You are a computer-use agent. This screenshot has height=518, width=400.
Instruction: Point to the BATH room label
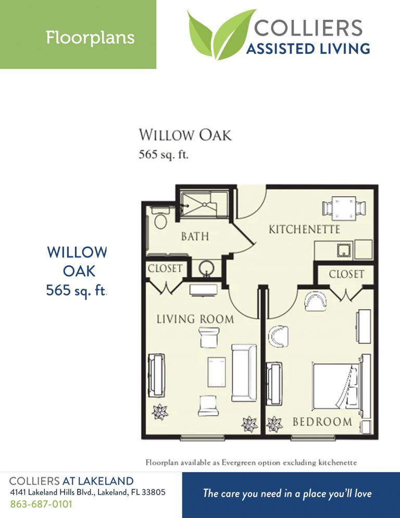(195, 237)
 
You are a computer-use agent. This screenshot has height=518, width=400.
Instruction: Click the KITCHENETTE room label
(304, 229)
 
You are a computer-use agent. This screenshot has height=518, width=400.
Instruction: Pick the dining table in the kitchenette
(344, 208)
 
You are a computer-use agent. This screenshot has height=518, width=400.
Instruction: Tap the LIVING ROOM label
(195, 318)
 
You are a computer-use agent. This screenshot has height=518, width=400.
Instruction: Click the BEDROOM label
(322, 421)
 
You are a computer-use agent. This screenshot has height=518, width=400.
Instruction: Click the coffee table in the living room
(216, 372)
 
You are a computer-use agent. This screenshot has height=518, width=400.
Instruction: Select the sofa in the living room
(244, 372)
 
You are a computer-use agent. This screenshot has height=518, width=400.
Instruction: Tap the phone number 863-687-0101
(41, 504)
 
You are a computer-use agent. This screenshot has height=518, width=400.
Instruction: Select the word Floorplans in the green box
(90, 38)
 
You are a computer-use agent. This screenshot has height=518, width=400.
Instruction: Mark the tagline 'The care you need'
(287, 493)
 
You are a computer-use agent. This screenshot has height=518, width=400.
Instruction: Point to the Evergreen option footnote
(251, 462)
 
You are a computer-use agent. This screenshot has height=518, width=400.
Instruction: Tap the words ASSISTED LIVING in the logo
(308, 50)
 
